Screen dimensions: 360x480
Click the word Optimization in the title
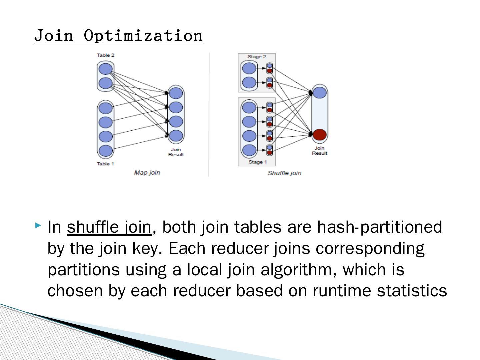point(143,36)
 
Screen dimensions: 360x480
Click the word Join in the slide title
point(54,36)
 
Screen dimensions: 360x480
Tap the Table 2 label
point(106,55)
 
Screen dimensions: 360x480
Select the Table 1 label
point(105,164)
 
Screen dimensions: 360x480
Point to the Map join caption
point(147,173)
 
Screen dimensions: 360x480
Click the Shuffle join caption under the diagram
point(284,173)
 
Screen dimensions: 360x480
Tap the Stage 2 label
point(257,57)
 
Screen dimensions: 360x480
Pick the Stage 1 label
point(258,162)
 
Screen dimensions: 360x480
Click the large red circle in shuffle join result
point(320,135)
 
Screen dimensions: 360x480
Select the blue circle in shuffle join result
point(320,92)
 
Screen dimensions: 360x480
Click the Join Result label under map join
point(176,152)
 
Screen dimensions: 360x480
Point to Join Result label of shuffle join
point(320,151)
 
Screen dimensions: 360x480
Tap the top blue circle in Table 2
point(106,69)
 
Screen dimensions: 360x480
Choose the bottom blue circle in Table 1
point(106,151)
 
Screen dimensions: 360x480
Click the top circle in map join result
point(176,93)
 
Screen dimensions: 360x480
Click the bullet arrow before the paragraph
point(38,226)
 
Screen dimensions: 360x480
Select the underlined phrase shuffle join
point(109,227)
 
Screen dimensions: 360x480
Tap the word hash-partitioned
point(379,227)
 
